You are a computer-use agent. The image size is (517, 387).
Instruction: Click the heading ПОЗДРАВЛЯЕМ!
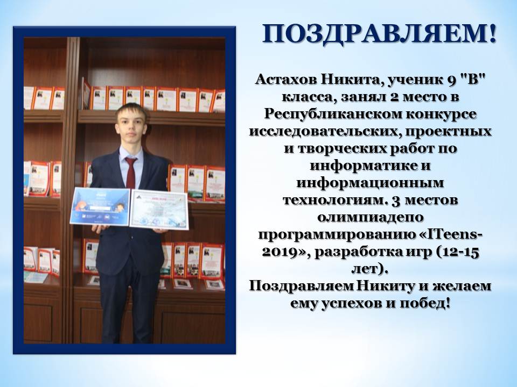[x=379, y=34]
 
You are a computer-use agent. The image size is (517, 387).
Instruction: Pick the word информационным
[x=370, y=183]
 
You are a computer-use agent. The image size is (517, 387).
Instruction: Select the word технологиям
[x=334, y=200]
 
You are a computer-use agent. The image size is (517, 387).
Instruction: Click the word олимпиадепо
[x=371, y=218]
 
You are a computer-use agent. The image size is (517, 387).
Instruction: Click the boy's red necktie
[x=130, y=173]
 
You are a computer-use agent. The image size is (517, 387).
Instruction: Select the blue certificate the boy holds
[x=100, y=206]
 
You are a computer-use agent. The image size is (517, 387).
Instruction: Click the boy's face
[x=132, y=130]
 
